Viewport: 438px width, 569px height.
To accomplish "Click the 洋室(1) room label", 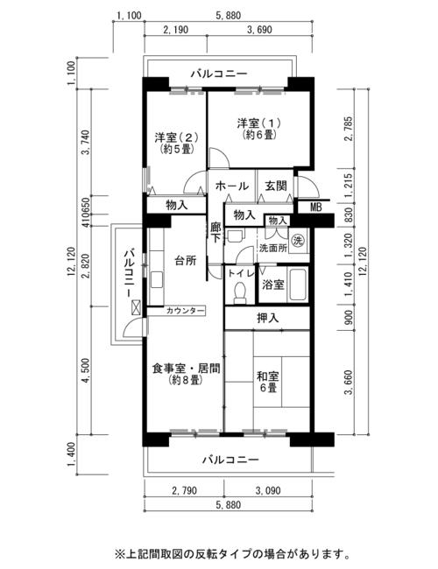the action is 259,123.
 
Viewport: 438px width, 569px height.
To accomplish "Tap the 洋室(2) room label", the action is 176,137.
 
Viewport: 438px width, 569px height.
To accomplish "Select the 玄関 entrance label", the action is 276,186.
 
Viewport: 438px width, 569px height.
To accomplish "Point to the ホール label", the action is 232,186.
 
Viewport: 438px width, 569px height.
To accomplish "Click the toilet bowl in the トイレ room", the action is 240,293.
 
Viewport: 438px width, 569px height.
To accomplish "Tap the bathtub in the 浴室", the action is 298,284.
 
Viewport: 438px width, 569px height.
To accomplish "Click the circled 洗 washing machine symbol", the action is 298,240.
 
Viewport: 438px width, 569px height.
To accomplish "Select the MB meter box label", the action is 315,207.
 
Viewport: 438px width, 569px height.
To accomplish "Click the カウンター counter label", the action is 185,311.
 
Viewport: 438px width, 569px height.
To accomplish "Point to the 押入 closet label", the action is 268,319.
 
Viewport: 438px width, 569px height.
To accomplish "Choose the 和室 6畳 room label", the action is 268,382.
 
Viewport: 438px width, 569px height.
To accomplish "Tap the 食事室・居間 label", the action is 186,369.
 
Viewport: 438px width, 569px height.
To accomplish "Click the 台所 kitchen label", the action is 186,260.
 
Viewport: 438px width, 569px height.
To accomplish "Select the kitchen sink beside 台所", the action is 157,279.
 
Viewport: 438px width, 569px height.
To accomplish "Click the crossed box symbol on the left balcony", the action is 136,307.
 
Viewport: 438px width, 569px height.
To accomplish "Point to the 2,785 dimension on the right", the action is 349,129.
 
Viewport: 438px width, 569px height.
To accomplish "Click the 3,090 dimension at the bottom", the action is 268,490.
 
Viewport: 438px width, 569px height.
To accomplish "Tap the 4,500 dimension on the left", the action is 86,370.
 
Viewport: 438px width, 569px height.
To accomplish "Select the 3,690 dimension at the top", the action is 259,30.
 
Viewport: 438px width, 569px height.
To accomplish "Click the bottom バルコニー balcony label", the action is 230,460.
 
